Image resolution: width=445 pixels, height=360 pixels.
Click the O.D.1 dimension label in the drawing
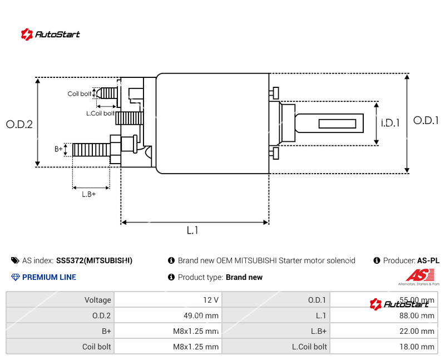pos(426,120)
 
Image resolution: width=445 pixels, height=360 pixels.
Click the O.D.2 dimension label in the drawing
pos(19,125)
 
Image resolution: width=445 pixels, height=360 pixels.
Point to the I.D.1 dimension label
pos(390,123)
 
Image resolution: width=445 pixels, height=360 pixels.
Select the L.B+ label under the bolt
pos(89,194)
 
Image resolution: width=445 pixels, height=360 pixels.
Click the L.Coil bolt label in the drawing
pos(100,114)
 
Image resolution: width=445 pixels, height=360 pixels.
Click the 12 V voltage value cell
pos(211,300)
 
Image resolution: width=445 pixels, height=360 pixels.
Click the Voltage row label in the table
pos(98,300)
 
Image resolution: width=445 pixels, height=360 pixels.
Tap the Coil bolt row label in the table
pos(97,347)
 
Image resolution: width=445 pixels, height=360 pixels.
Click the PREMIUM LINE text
pos(49,277)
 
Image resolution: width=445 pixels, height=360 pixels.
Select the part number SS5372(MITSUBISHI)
pos(94,260)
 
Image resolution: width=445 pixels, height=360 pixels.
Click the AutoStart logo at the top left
pos(51,34)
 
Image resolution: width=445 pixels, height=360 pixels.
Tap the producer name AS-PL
pos(428,260)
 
